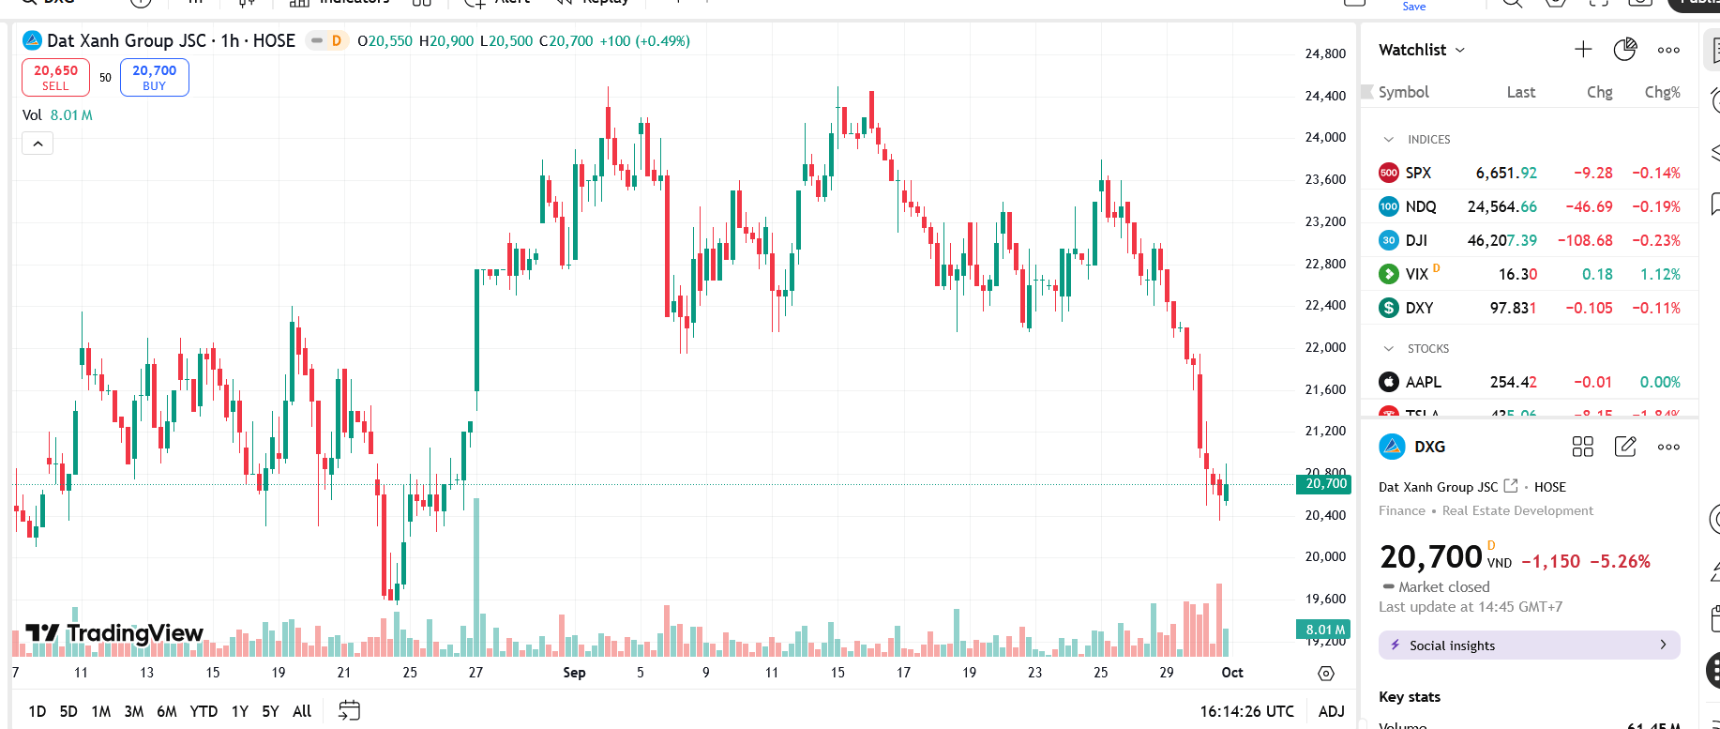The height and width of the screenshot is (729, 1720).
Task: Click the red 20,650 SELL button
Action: click(x=55, y=77)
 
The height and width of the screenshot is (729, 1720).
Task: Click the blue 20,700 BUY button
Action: click(x=155, y=77)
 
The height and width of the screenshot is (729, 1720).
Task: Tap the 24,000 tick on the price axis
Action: click(x=1325, y=137)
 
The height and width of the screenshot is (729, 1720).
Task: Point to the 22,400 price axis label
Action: click(x=1325, y=305)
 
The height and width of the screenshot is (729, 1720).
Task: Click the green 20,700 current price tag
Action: click(x=1325, y=484)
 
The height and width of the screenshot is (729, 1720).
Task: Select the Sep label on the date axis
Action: click(x=574, y=673)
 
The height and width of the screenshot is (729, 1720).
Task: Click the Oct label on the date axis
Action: click(x=1232, y=673)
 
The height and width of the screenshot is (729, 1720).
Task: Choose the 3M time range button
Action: click(x=134, y=711)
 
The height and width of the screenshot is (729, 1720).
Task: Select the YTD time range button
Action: click(x=204, y=711)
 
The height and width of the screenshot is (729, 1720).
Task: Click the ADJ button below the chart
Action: click(x=1331, y=711)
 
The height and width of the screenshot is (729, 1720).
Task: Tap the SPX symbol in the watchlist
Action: click(x=1418, y=173)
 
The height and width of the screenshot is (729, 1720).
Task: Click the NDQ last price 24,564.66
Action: click(x=1501, y=206)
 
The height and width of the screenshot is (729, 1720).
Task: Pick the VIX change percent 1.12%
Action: click(x=1660, y=274)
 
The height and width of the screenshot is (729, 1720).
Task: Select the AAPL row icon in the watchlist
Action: click(x=1389, y=382)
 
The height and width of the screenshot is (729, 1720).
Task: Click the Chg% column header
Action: click(x=1662, y=92)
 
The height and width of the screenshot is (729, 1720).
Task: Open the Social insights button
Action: click(x=1529, y=645)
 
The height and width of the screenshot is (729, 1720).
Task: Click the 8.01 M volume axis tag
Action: click(x=1325, y=630)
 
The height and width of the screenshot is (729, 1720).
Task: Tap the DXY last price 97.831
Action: click(x=1513, y=308)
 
